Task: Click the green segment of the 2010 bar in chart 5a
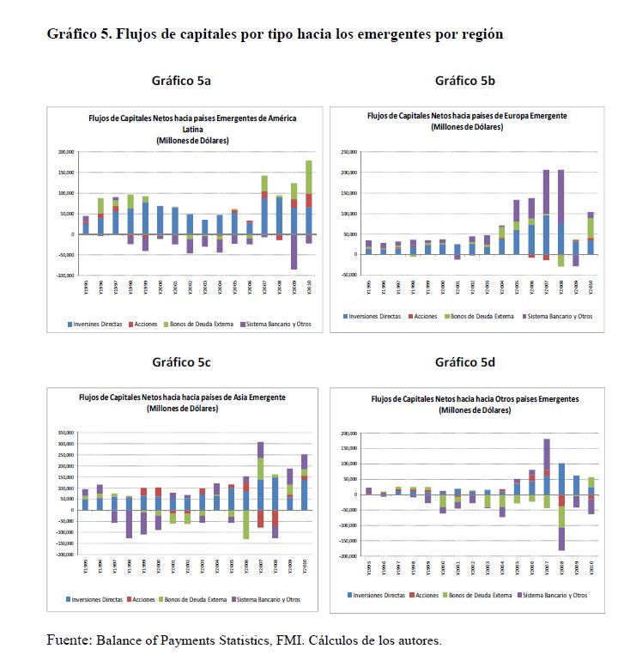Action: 308,177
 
